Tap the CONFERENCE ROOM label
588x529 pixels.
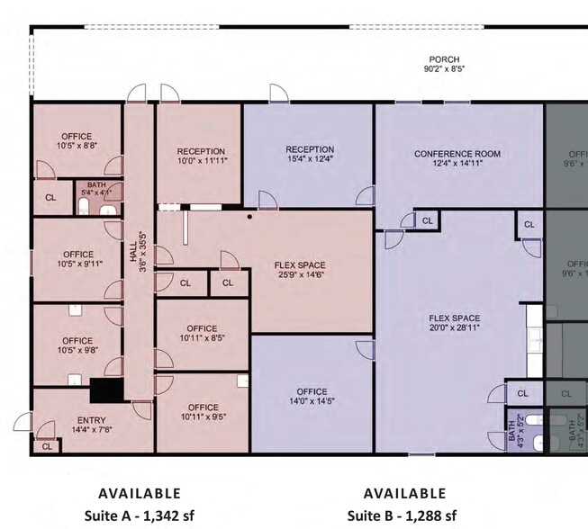(x=457, y=154)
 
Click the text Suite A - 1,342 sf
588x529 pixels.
(x=139, y=516)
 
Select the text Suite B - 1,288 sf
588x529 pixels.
(x=403, y=516)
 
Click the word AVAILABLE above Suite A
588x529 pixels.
(x=139, y=493)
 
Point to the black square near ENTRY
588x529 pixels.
(x=106, y=391)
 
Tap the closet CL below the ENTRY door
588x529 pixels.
(x=46, y=445)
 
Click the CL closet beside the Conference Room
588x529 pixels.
(x=427, y=220)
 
